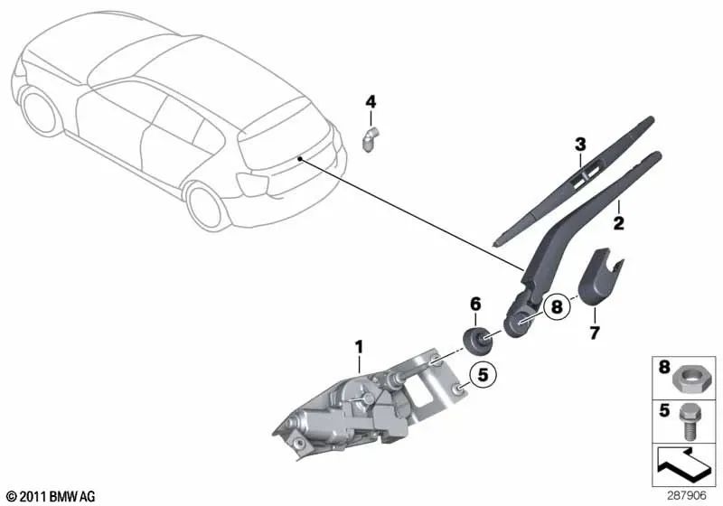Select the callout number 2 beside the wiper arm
(x=620, y=220)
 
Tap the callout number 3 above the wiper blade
(x=580, y=144)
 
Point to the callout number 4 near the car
(x=370, y=101)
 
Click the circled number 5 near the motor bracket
(x=483, y=371)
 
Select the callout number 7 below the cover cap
(x=594, y=333)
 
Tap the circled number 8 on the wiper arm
(x=557, y=307)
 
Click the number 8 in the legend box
(x=665, y=368)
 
